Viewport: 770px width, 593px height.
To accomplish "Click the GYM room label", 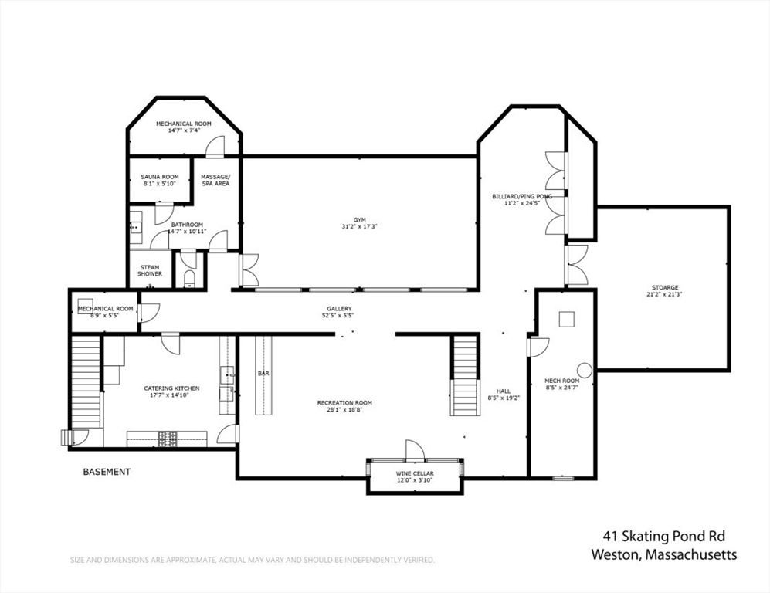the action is click(x=360, y=220).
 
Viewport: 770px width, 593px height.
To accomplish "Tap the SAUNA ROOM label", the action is click(x=160, y=177).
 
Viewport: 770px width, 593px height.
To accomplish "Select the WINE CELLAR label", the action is click(x=415, y=474).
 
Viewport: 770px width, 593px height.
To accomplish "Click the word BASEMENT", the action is click(x=107, y=472).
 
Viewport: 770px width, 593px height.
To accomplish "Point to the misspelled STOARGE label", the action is click(x=665, y=288).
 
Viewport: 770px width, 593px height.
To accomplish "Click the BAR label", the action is click(x=263, y=374).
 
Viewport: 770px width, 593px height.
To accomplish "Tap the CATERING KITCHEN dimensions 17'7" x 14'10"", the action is click(x=171, y=395).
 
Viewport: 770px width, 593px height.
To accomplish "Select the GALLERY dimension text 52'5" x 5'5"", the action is click(x=339, y=315).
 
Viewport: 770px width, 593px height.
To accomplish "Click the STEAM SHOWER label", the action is click(x=150, y=270).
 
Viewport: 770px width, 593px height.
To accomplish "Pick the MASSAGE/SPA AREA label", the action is click(x=215, y=180).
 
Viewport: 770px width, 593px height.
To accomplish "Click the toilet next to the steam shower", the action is click(x=189, y=280).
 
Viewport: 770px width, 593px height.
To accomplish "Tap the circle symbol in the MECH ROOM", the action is click(x=585, y=370).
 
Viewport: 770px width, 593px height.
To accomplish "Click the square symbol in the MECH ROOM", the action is click(x=566, y=319).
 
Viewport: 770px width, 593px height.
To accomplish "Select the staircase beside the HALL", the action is click(x=465, y=375).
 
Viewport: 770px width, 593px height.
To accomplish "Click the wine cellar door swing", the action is click(x=414, y=449).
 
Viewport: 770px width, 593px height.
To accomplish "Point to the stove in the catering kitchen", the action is click(x=168, y=439).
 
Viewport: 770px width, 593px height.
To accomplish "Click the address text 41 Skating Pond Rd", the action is click(x=664, y=536).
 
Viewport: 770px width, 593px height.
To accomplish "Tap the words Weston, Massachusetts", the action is click(x=664, y=554).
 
